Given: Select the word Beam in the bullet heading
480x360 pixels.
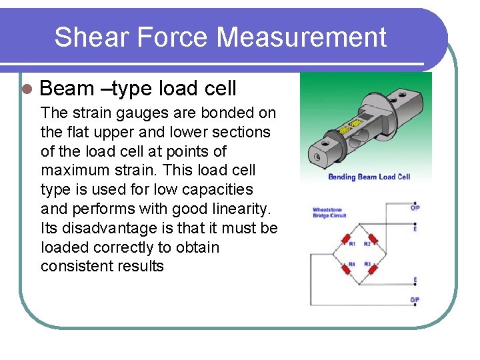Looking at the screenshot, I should [x=67, y=88].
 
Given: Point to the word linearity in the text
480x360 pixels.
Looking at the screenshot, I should [x=236, y=209].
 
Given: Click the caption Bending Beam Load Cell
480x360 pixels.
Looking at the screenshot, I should [x=369, y=177].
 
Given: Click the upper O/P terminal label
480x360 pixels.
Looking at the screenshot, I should [x=415, y=209].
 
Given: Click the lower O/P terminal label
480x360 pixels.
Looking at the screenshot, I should [x=415, y=300].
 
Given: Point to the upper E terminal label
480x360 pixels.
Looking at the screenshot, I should [x=415, y=229].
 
